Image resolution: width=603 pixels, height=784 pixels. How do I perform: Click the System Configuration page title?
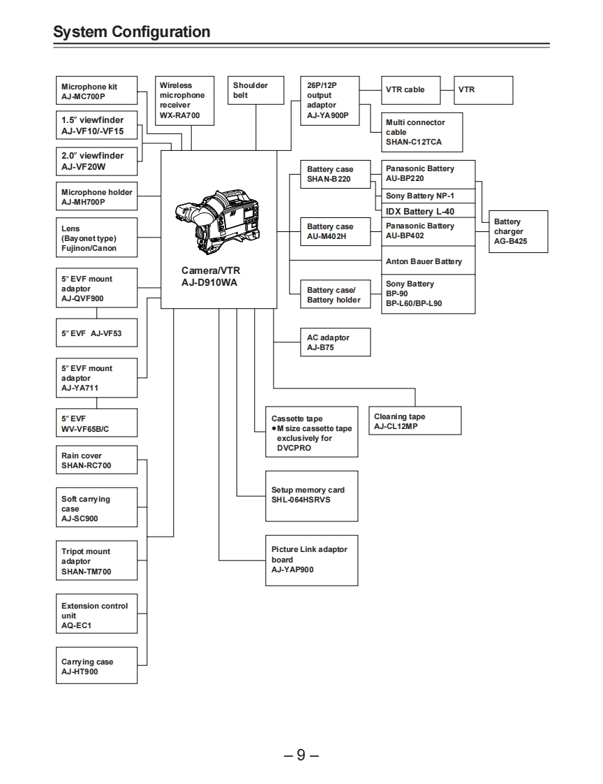[131, 32]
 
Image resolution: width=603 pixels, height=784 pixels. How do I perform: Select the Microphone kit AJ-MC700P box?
[96, 92]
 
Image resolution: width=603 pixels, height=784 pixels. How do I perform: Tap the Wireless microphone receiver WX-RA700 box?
[184, 100]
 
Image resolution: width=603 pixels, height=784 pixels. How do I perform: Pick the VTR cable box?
[410, 90]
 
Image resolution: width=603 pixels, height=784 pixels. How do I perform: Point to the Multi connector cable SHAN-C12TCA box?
[422, 132]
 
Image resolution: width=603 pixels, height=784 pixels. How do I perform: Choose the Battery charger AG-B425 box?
[518, 231]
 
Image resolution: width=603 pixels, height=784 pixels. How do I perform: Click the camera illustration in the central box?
[219, 218]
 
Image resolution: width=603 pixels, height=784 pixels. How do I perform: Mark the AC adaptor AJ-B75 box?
[334, 342]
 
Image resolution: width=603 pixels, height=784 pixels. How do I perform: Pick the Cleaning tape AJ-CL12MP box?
[415, 421]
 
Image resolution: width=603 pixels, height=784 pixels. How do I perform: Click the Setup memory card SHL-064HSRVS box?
[311, 495]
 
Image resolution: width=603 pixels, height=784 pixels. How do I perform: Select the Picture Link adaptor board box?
[311, 560]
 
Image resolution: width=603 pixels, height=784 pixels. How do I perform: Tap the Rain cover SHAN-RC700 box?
[96, 460]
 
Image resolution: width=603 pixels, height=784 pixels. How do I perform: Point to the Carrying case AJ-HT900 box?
[96, 667]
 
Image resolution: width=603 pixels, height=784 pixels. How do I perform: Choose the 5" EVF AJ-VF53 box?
[96, 333]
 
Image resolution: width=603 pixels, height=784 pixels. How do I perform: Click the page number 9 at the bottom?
[301, 755]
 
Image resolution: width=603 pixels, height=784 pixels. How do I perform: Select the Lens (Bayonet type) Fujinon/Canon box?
[96, 238]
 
